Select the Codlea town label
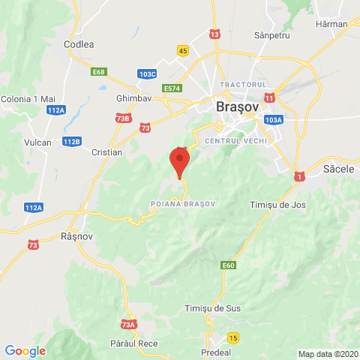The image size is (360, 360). [x=79, y=44]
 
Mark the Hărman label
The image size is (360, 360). [x=332, y=23]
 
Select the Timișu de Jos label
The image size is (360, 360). [x=277, y=204]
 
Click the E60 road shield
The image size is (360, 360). [x=229, y=265]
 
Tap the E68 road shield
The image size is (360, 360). [x=98, y=72]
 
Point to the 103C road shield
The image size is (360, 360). [x=147, y=73]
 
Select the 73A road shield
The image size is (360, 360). [x=128, y=324]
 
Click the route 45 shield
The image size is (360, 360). [x=184, y=50]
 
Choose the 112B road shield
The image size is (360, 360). [x=71, y=141]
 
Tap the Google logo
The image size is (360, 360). [x=25, y=350]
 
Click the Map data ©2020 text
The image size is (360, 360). [x=328, y=354]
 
